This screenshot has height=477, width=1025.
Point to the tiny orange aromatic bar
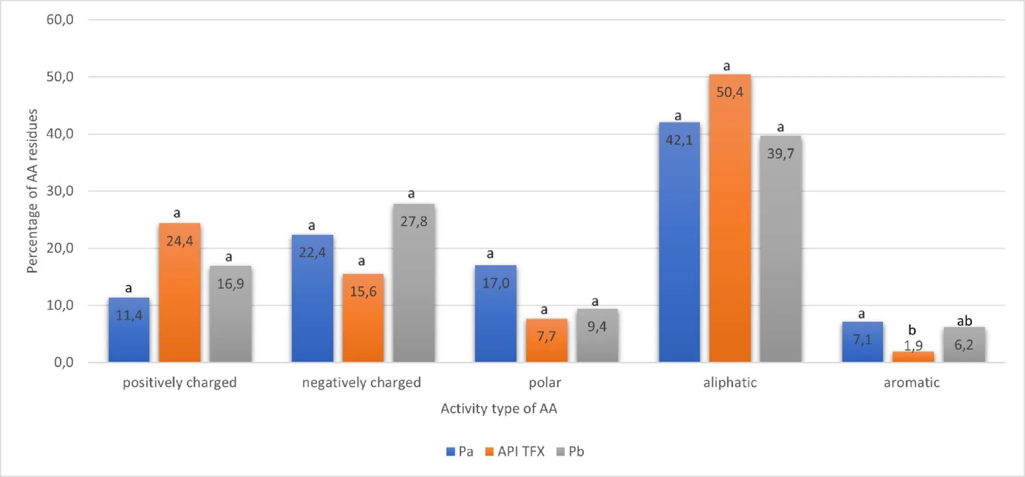click(x=913, y=356)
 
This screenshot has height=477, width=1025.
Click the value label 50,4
click(x=730, y=92)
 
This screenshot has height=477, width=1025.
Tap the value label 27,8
click(x=414, y=221)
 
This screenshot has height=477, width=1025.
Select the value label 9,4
click(x=597, y=327)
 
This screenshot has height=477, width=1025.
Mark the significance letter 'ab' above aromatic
click(x=964, y=321)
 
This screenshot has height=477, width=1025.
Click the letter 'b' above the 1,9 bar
click(x=912, y=330)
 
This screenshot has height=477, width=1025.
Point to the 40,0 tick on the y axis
click(x=60, y=134)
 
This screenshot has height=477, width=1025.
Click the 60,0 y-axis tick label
click(x=60, y=20)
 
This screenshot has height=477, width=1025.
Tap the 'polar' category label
click(x=545, y=383)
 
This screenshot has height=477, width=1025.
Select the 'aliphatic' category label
click(x=730, y=383)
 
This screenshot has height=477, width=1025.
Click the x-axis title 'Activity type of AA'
click(x=499, y=408)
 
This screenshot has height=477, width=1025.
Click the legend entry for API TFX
click(x=515, y=452)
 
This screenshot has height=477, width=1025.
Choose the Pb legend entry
click(x=571, y=452)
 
